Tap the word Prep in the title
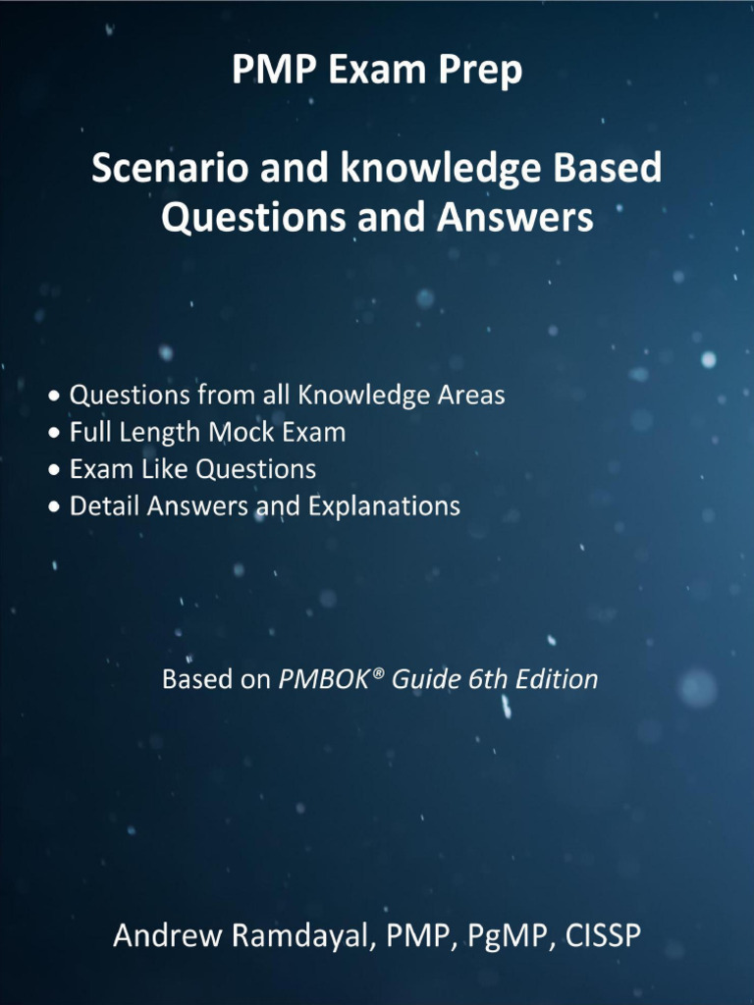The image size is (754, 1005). (x=484, y=72)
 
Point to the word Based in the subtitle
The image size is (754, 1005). (x=608, y=169)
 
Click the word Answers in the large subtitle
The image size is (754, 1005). (x=519, y=217)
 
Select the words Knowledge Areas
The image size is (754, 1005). (x=402, y=396)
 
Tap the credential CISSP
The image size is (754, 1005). (x=601, y=935)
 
